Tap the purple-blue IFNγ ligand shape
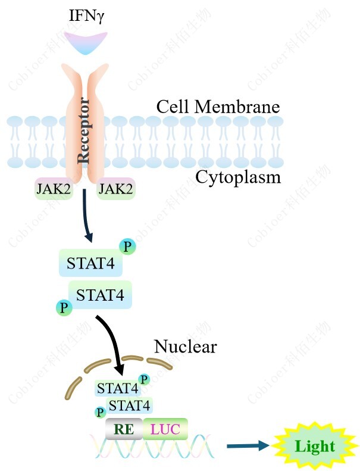(x=86, y=43)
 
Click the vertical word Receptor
(x=84, y=131)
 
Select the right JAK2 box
(x=115, y=189)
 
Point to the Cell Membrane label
(x=218, y=107)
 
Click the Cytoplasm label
(x=238, y=177)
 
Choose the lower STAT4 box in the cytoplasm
(x=100, y=294)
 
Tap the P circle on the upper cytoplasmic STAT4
(x=127, y=247)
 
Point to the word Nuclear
(x=185, y=346)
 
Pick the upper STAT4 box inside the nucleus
(x=117, y=389)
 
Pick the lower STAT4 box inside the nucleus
(x=129, y=406)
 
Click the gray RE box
(x=124, y=429)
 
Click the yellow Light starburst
(x=315, y=447)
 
